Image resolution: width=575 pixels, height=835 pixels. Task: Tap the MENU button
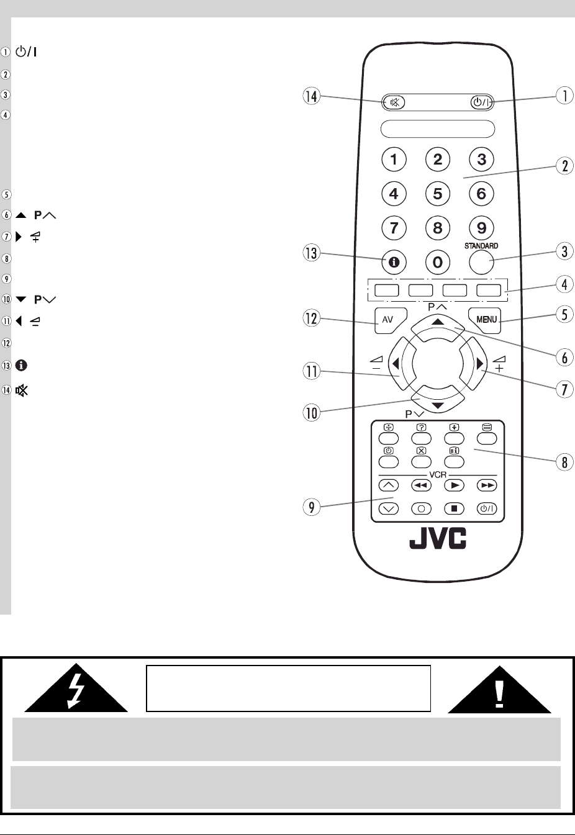pos(486,319)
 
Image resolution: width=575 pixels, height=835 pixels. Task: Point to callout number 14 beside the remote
pos(311,96)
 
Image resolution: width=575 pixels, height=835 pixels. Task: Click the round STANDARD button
pos(481,262)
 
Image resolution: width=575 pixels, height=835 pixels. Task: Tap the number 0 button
pos(438,262)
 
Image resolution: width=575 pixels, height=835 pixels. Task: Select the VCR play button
pos(454,485)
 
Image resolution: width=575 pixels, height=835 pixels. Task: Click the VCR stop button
pos(454,508)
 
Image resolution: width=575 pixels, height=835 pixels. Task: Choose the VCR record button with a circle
pos(421,508)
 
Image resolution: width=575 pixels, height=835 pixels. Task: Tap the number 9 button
pos(481,228)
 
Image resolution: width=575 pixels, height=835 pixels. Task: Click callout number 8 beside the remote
pos(564,463)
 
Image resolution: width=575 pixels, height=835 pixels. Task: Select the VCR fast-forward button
pos(487,485)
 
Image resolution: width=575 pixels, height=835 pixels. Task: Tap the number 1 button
pos(394,160)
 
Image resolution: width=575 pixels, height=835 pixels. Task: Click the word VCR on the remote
pos(438,474)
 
